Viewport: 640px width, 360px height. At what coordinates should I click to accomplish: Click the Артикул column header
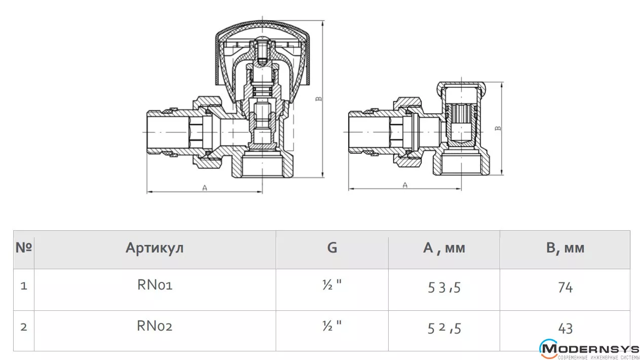click(x=155, y=248)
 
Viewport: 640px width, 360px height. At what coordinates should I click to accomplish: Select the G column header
click(x=332, y=247)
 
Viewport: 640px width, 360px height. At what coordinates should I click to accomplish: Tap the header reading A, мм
click(x=444, y=248)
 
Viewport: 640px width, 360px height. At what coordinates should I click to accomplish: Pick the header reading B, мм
click(x=565, y=248)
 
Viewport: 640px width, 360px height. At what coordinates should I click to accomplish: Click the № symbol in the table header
click(x=24, y=247)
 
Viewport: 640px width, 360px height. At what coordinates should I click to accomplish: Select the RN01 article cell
click(x=155, y=285)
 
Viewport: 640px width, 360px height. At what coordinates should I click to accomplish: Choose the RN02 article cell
click(x=155, y=326)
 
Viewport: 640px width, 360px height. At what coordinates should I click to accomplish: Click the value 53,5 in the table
click(x=444, y=287)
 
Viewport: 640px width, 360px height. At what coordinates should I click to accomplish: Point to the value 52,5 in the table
click(x=444, y=328)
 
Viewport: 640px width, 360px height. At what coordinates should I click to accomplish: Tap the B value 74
click(x=565, y=287)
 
